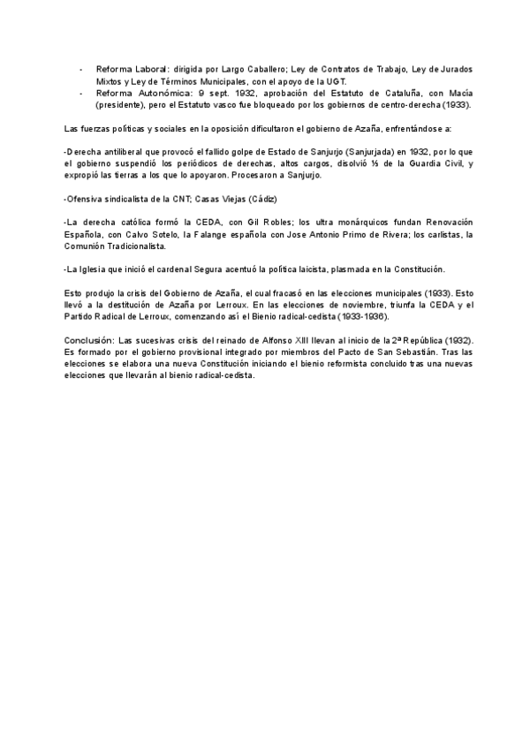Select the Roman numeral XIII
309,340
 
